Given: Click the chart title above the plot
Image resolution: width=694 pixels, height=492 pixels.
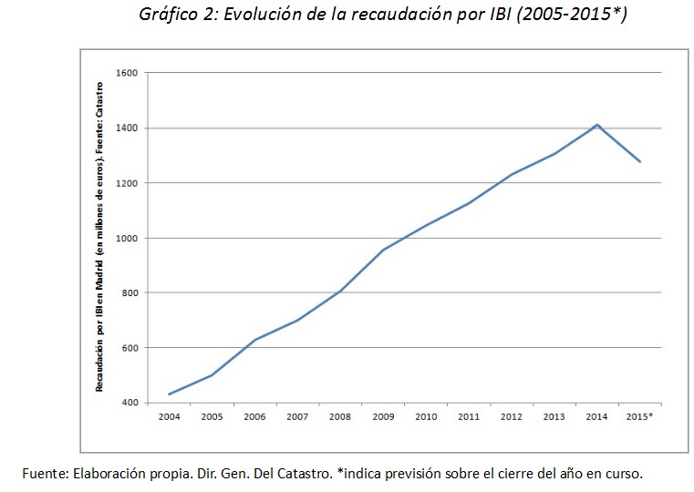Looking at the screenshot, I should [x=383, y=15].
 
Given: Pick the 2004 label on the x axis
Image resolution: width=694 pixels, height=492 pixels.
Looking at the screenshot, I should [x=169, y=416].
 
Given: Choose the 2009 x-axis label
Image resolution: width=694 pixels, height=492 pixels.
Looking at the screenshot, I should [x=383, y=416].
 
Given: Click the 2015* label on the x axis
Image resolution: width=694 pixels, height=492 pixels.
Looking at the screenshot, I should [x=641, y=416].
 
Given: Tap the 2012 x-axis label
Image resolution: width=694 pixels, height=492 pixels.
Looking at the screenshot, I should [x=512, y=416].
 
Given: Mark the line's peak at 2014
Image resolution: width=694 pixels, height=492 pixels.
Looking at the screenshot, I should [x=597, y=125].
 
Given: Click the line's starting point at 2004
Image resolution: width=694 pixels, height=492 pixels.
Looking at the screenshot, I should [x=169, y=395].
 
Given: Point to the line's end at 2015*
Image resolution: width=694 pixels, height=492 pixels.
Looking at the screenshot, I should [x=640, y=162].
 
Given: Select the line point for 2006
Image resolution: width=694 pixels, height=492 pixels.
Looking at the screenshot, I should [x=254, y=340].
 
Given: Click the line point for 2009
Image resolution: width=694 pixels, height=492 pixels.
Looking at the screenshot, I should [x=383, y=250].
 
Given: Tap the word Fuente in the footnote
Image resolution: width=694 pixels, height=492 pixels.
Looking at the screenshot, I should [x=44, y=473].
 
